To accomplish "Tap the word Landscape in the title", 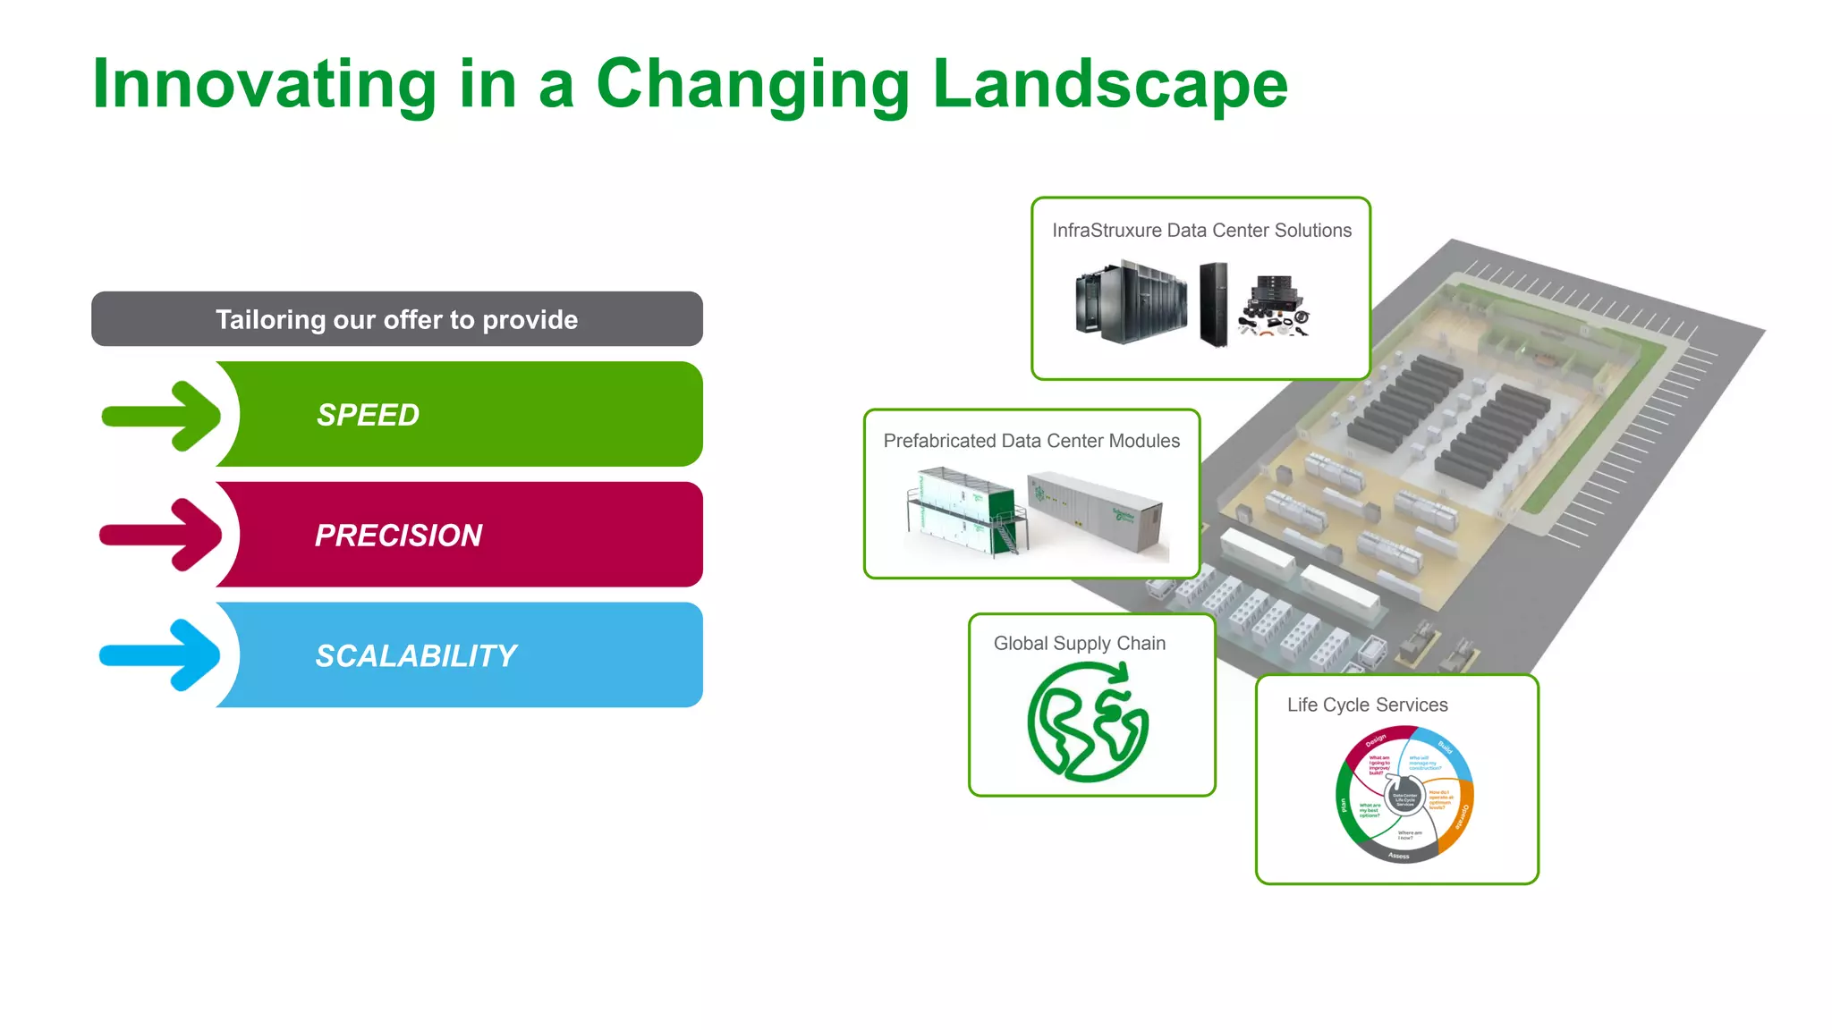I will pos(1109,85).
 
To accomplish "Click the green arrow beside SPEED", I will pos(162,416).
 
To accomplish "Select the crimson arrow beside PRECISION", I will pos(161,535).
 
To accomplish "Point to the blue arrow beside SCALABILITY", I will pos(161,655).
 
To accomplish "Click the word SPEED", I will pos(368,415).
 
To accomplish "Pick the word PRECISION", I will pos(398,536).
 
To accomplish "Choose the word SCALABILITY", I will pos(416,656).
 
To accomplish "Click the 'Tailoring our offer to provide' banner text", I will pos(396,319).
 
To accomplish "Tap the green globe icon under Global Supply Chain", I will pos(1088,722).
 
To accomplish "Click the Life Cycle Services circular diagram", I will pos(1404,794).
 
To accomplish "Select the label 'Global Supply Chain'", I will pos(1080,644).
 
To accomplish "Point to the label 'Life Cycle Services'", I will pos(1367,705).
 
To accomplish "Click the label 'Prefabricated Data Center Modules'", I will pos(1031,441).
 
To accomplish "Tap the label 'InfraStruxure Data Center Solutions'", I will pos(1201,231).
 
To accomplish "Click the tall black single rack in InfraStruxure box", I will pos(1214,304).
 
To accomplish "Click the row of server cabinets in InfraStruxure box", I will pos(1132,302).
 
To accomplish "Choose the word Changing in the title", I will pos(751,85).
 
